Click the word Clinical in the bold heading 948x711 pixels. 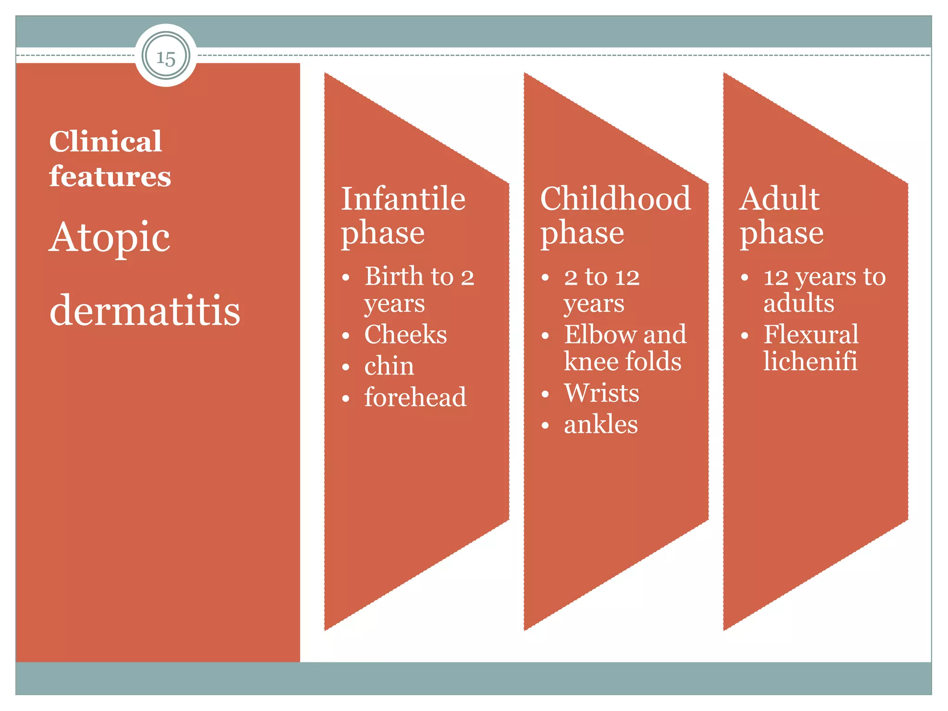[106, 141]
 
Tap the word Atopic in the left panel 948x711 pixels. [109, 237]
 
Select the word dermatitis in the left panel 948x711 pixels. [144, 310]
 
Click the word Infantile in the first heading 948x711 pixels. [403, 199]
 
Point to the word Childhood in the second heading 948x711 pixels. [615, 199]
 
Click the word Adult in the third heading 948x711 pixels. [779, 199]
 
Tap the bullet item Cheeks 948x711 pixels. [405, 334]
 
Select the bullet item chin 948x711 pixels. [389, 366]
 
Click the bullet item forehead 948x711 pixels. [415, 397]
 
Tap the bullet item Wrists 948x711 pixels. [601, 393]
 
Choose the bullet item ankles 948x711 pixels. [600, 424]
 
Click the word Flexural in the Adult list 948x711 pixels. [811, 334]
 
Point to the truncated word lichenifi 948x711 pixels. [810, 361]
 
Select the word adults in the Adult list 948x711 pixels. [798, 304]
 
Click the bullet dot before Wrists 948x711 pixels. [545, 394]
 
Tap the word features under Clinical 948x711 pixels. [110, 176]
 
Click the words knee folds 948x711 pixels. [622, 361]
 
